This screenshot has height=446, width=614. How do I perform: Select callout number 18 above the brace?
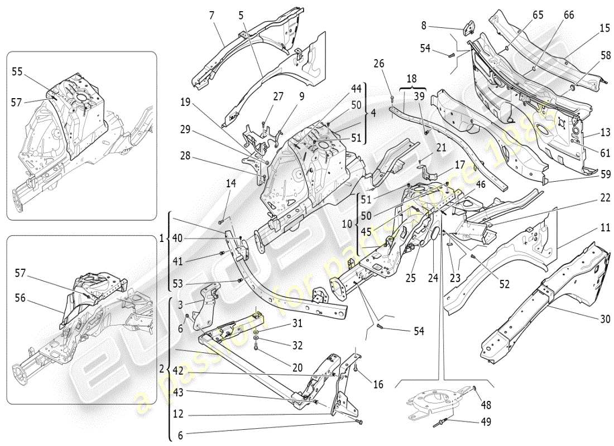click(x=412, y=79)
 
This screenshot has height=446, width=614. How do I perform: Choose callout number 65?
click(x=538, y=16)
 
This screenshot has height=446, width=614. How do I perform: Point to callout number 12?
click(x=178, y=414)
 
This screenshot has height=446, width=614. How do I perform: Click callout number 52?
click(x=504, y=284)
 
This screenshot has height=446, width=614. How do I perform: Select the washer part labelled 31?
click(x=256, y=333)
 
